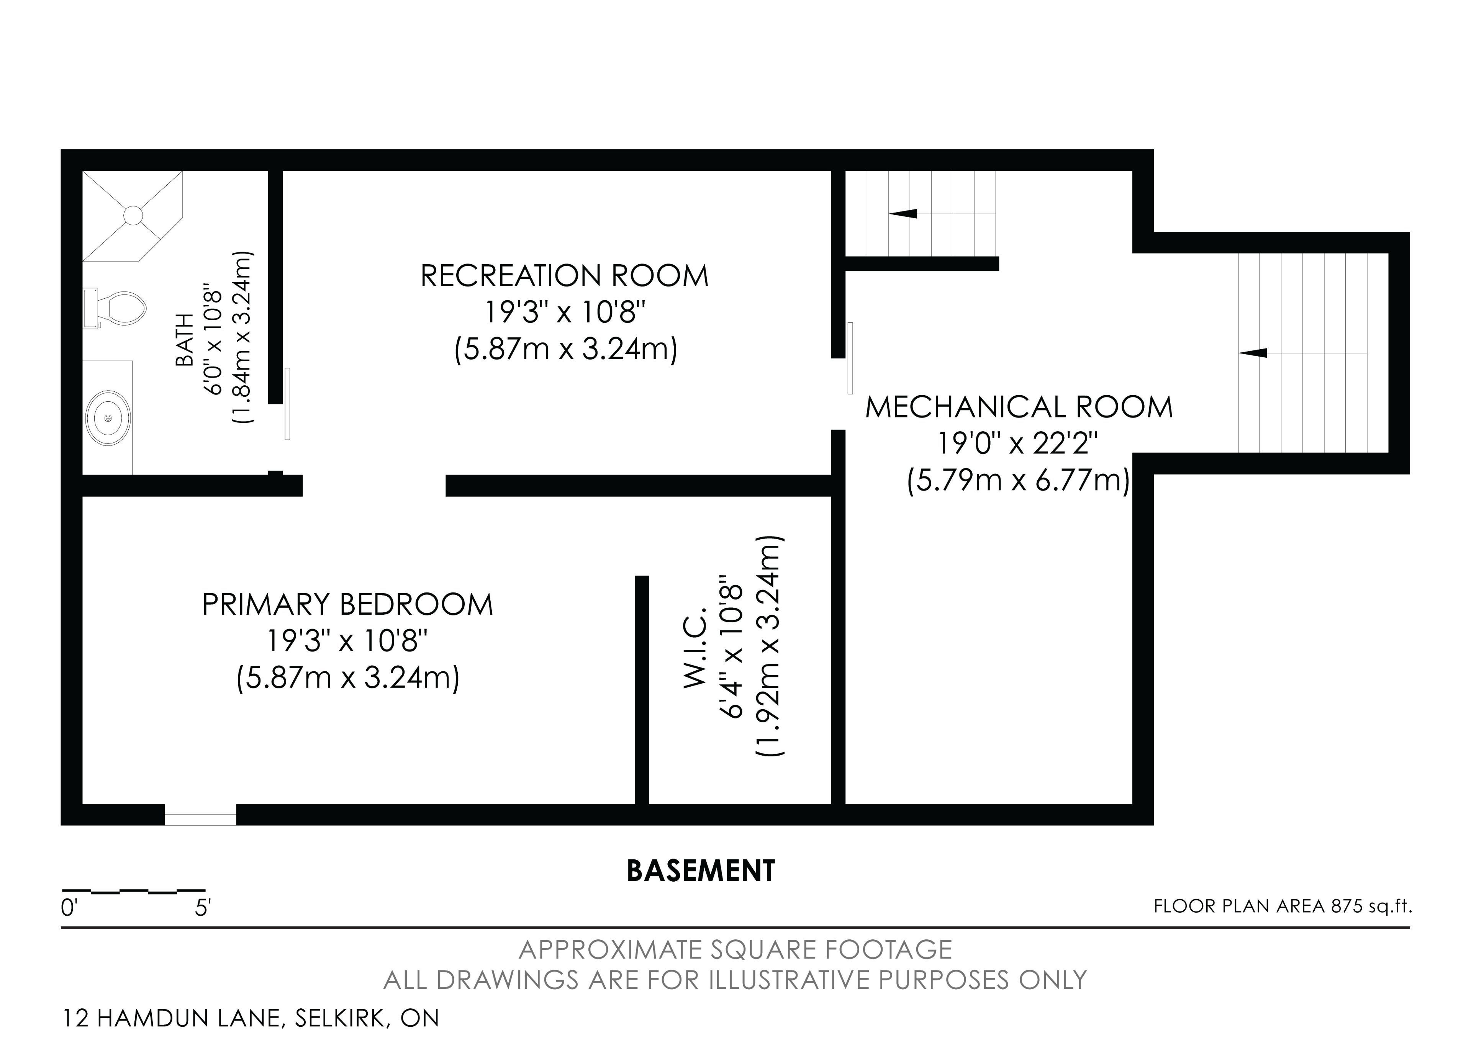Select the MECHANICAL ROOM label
(x=1019, y=407)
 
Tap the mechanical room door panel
(x=850, y=358)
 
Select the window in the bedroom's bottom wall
(x=200, y=815)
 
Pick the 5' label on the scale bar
(x=203, y=908)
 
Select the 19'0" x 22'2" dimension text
(x=1019, y=443)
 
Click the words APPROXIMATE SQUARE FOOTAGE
(x=735, y=949)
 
